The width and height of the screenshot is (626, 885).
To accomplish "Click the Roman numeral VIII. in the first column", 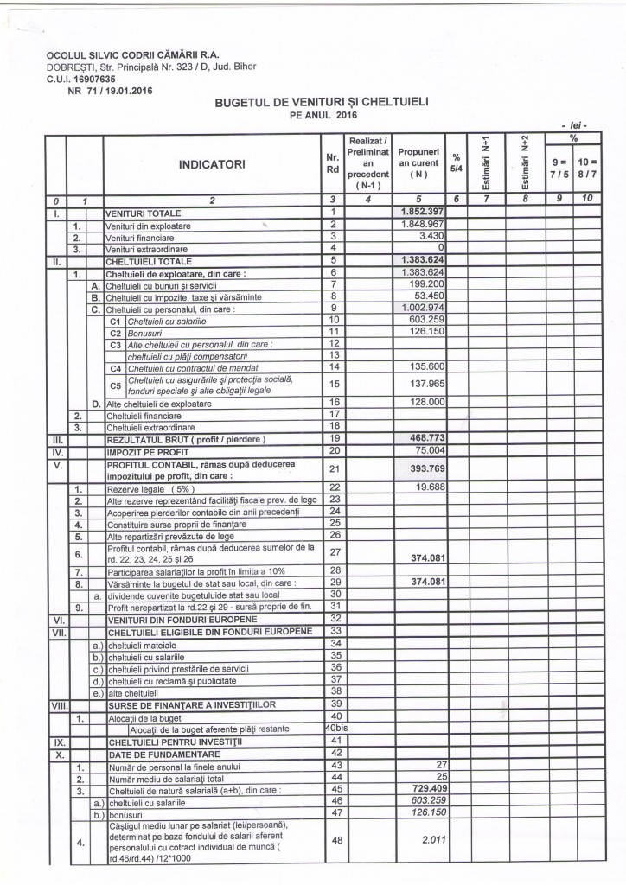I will tap(57, 705).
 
